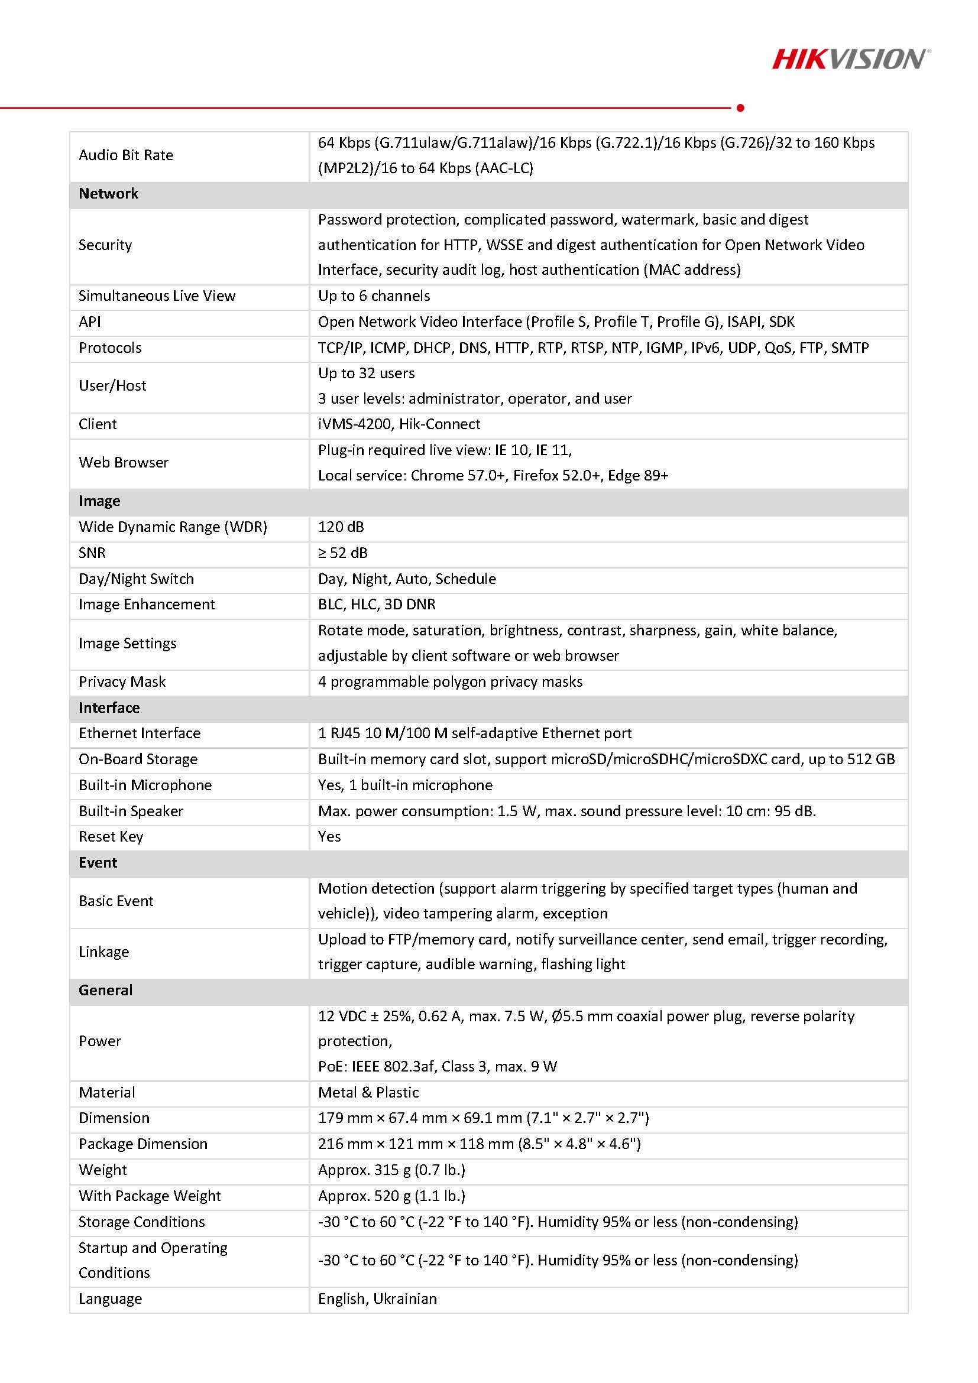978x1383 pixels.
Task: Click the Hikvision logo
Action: pos(851,59)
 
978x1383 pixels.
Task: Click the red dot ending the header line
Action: pos(740,108)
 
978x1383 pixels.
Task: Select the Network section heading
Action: pos(108,193)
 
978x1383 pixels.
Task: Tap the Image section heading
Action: pos(99,501)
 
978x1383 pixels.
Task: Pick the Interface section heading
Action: pos(109,708)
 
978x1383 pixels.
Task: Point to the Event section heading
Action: pos(98,862)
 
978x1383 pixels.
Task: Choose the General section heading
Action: pos(105,991)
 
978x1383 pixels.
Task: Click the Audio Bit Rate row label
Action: pos(126,155)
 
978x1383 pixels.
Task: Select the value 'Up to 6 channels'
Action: pos(374,296)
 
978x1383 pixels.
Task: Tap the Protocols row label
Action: pos(110,348)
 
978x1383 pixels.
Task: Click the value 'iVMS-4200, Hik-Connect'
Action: pos(399,424)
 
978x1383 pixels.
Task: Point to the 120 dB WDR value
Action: pos(341,527)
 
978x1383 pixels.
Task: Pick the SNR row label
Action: pos(92,553)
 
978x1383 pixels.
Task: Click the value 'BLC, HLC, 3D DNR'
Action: pos(377,604)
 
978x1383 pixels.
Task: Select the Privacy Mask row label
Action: pos(122,682)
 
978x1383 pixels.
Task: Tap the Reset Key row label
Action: pos(111,837)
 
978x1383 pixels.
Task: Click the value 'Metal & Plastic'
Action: pos(368,1093)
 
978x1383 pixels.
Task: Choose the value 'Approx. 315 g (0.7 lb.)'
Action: pos(391,1170)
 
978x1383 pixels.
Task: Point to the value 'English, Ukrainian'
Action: pos(377,1298)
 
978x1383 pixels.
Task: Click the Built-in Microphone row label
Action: pos(145,785)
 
